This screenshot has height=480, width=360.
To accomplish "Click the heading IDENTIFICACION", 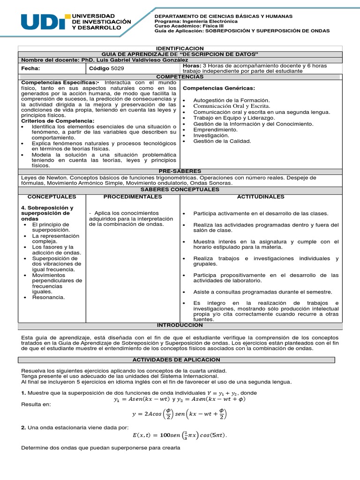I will click(180, 48).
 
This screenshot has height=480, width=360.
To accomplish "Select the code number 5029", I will click(118, 68).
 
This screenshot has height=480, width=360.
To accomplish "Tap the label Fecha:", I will click(31, 68).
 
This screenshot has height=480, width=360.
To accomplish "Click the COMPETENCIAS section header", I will click(180, 76).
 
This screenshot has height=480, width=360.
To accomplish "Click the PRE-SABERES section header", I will click(180, 172).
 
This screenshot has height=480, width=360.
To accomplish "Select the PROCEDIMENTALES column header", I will click(133, 196).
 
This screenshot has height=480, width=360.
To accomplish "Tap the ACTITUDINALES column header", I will click(261, 196).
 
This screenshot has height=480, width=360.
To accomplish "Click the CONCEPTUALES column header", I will click(52, 196).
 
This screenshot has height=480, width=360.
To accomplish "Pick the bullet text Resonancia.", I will click(48, 297).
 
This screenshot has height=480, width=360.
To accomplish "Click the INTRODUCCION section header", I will click(180, 325).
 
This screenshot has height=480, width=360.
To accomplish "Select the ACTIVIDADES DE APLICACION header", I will click(176, 360).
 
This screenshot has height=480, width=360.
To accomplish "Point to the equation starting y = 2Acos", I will click(180, 414).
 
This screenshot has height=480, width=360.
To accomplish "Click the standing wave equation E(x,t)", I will click(180, 435).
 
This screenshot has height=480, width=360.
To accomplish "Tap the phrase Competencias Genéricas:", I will click(218, 88).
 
